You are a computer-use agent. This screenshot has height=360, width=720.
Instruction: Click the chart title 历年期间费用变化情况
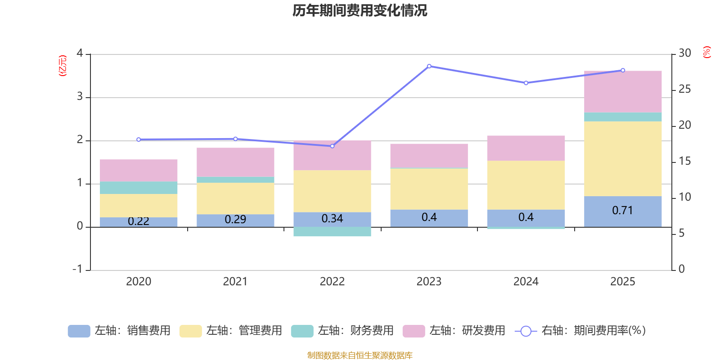[360, 11]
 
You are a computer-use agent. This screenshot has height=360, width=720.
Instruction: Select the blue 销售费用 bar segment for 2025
[623, 211]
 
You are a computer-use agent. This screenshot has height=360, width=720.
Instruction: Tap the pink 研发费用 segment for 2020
[139, 171]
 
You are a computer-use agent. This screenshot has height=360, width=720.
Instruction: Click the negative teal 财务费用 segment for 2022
[333, 232]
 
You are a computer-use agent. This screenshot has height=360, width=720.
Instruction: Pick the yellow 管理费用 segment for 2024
[526, 185]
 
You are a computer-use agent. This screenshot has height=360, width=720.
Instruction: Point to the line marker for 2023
[429, 66]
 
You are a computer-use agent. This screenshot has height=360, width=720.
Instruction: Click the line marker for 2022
[333, 146]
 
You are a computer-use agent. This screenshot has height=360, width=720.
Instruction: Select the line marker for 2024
[526, 83]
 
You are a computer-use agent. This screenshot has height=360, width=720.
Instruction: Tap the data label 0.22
[139, 221]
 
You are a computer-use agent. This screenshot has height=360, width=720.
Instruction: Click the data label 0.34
[333, 219]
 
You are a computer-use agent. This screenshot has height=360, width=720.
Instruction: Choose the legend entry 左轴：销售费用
[119, 331]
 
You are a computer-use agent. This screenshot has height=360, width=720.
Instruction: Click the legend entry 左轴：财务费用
[342, 331]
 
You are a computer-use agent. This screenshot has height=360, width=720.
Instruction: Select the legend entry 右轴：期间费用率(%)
[580, 331]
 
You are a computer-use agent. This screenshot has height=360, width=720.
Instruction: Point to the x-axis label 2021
[235, 282]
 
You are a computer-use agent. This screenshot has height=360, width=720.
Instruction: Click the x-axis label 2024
[526, 282]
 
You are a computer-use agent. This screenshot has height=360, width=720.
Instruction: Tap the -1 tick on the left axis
[77, 269]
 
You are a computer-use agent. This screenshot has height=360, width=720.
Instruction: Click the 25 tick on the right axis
[684, 89]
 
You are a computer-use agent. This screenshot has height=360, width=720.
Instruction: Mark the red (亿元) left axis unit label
[63, 66]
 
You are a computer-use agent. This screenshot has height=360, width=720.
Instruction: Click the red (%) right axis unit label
[706, 52]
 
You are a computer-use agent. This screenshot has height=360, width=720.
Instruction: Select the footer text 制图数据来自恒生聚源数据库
[360, 355]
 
